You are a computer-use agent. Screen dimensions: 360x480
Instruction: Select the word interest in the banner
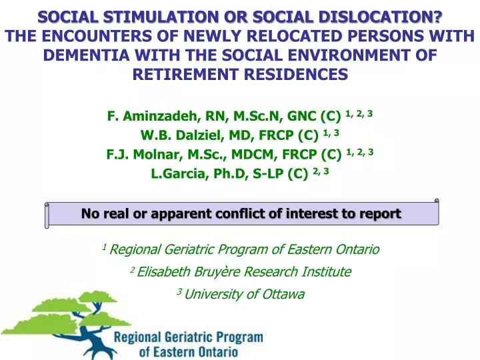pyautogui.click(x=319, y=214)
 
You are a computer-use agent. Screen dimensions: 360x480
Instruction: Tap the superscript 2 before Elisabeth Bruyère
pyautogui.click(x=132, y=269)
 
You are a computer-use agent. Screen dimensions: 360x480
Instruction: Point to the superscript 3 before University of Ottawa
pyautogui.click(x=179, y=291)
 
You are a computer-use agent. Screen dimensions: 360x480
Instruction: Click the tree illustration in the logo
pyautogui.click(x=60, y=320)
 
